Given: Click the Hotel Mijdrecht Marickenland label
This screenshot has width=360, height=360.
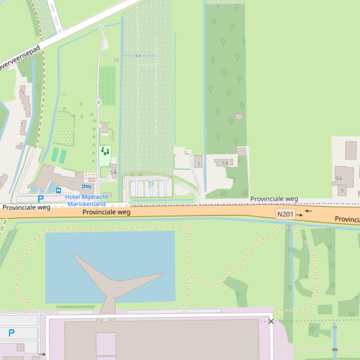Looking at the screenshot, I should coord(87,200).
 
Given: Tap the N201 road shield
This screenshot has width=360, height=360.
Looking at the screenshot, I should coord(285,215).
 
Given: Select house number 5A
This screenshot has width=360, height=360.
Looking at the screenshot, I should coord(113,173).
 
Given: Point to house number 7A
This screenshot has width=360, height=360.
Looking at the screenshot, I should coord(225,163).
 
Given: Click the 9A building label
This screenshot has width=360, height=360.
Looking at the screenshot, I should coord(339,179).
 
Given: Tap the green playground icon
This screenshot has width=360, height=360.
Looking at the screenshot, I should coord(105,151).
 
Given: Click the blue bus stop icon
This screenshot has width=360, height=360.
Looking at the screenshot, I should coord(59,190).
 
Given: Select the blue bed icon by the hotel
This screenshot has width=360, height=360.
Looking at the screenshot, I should coord(86,187).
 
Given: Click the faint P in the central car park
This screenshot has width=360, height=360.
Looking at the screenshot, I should coord(151,185).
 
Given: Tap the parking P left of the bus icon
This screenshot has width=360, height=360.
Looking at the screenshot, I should coord(41,199).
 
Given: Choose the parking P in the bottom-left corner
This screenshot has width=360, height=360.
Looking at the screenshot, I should coord(11,333).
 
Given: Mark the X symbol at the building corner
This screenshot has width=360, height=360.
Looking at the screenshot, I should coord(271,321).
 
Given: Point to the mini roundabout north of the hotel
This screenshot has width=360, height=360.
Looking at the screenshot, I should coord(99,102).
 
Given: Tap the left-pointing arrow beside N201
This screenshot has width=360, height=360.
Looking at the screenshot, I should coord(309,211).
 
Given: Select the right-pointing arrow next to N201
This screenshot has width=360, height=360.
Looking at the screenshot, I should coord(300,215).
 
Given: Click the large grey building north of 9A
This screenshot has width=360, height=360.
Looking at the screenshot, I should coord(351,150).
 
